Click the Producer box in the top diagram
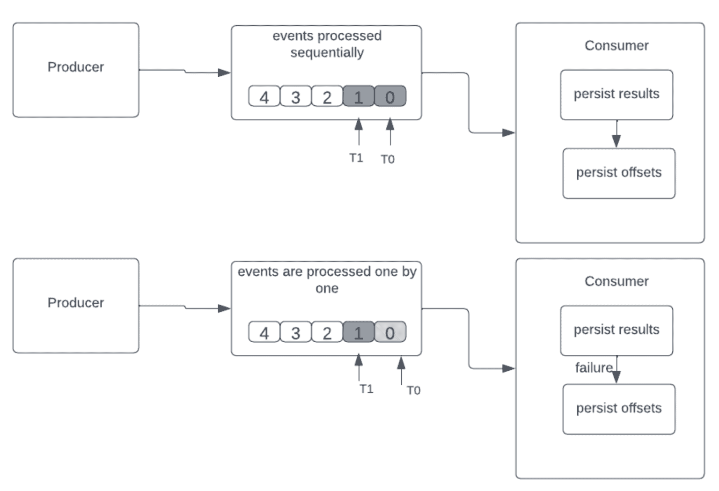(x=76, y=70)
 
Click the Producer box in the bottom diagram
(x=76, y=305)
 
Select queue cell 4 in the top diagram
(x=264, y=96)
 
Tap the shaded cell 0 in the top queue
(x=390, y=96)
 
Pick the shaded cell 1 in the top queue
(x=359, y=96)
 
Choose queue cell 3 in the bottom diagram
(x=295, y=332)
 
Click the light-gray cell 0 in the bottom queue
(x=390, y=332)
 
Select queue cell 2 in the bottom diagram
(x=327, y=332)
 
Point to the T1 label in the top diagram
(x=356, y=158)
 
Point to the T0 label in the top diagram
(x=388, y=160)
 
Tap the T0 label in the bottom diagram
(x=413, y=390)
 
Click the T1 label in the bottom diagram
(x=367, y=389)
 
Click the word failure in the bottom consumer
(x=594, y=368)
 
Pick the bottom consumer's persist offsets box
(x=619, y=409)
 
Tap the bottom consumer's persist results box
(x=616, y=330)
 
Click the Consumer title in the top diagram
(x=616, y=45)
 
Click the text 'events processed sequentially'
(x=327, y=44)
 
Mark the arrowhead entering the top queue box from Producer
(x=225, y=73)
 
